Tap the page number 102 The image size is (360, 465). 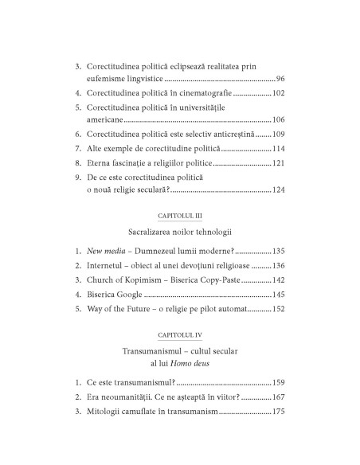tap(277, 93)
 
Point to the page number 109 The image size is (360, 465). tap(277, 135)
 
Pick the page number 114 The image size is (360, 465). tap(277, 149)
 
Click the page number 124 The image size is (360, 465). tap(277, 190)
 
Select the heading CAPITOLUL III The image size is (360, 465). tap(180, 217)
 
